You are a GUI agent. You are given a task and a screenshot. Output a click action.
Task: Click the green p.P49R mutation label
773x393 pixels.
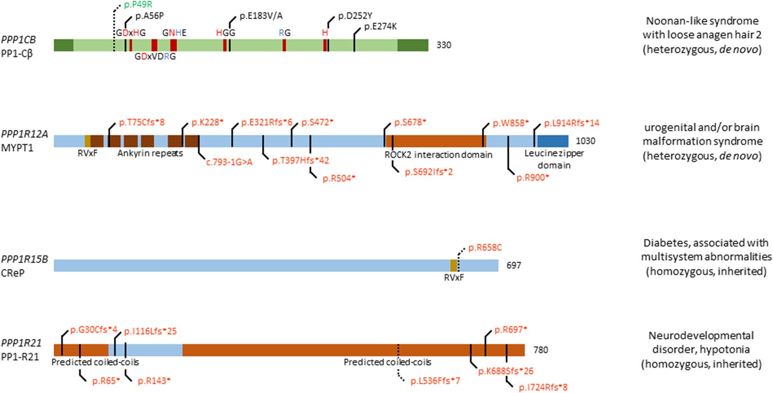click(138, 5)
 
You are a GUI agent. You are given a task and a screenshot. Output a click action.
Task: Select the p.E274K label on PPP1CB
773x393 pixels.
click(380, 27)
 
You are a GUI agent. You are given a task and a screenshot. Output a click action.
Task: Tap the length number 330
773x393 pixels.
click(444, 45)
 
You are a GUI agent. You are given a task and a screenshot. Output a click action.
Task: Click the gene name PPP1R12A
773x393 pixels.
click(24, 134)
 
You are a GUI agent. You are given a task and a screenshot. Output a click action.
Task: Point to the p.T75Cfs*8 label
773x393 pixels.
click(142, 122)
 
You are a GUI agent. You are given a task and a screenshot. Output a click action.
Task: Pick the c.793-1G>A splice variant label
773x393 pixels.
click(229, 163)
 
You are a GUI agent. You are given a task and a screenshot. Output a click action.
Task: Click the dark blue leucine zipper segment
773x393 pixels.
click(553, 141)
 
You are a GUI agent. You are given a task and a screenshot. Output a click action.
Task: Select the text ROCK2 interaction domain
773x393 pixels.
click(438, 155)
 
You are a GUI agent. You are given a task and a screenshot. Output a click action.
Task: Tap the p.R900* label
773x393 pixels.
click(533, 178)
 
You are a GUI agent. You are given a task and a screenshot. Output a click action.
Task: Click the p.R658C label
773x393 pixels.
click(485, 248)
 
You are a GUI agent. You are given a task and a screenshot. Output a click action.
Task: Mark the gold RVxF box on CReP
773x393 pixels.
click(453, 265)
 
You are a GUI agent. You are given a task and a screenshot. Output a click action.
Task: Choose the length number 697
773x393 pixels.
click(513, 265)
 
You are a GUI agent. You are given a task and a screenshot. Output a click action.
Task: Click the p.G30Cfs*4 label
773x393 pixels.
click(94, 330)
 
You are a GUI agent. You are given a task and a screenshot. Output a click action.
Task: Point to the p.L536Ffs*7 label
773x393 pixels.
click(435, 381)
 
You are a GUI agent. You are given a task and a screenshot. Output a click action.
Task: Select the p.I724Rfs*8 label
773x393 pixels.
click(543, 387)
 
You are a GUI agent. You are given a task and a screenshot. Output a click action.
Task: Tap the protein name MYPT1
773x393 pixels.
click(17, 148)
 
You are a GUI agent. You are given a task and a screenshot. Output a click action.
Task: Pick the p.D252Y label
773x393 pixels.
click(355, 16)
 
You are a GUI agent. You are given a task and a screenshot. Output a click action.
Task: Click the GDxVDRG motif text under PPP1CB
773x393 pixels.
click(155, 57)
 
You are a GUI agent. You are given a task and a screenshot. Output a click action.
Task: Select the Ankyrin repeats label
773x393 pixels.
click(150, 153)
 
